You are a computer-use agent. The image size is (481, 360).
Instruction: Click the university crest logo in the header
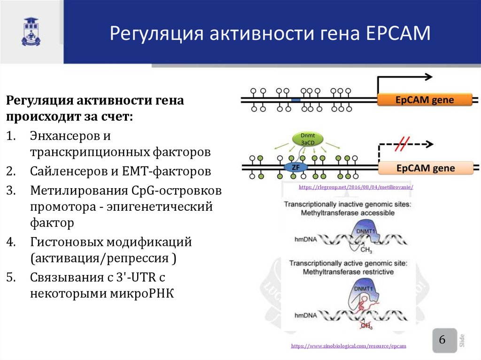coord(31,32)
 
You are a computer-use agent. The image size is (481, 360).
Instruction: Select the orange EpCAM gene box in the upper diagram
coord(424,99)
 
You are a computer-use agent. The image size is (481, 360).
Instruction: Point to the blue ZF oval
coord(295,167)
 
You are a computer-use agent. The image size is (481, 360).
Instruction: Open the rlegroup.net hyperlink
coord(355,187)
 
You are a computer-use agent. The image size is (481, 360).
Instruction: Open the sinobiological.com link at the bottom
coord(348,346)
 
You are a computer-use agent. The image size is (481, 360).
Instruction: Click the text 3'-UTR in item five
coord(139,277)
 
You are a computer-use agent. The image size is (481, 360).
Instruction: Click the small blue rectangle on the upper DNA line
coord(295,100)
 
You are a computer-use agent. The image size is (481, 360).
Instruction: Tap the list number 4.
coord(11,242)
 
